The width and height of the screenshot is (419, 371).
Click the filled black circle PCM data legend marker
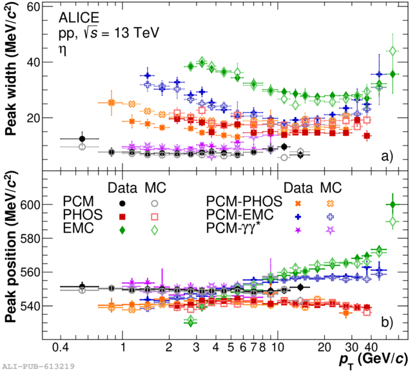point(122,202)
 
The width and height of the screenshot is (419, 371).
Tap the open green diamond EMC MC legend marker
point(154,229)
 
